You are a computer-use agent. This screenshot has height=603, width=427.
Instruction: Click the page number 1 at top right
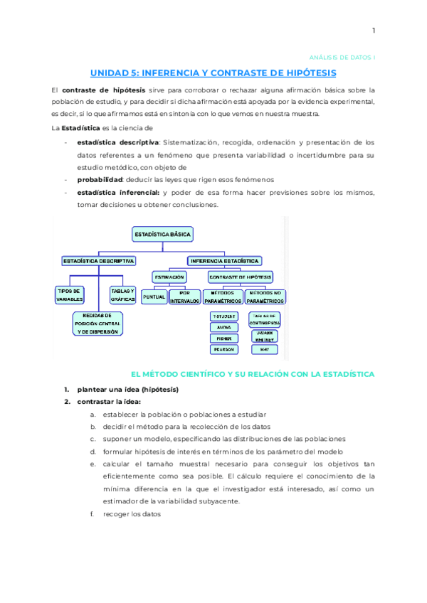pyautogui.click(x=373, y=30)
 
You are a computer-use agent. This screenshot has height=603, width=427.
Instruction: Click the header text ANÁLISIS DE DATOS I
pyautogui.click(x=345, y=56)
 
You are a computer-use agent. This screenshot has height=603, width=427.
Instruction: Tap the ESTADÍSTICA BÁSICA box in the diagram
pyautogui.click(x=163, y=233)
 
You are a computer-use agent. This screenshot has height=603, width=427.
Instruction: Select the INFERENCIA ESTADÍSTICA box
pyautogui.click(x=224, y=261)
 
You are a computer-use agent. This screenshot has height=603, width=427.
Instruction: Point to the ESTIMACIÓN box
pyautogui.click(x=169, y=277)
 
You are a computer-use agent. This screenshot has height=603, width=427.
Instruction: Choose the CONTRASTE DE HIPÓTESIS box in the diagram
pyautogui.click(x=241, y=277)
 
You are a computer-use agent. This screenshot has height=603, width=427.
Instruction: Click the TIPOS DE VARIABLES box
pyautogui.click(x=70, y=295)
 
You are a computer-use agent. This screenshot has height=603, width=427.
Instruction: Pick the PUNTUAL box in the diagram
pyautogui.click(x=154, y=297)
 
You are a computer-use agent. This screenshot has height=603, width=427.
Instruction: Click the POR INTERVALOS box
pyautogui.click(x=184, y=297)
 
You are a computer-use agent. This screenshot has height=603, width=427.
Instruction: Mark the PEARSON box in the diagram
pyautogui.click(x=223, y=349)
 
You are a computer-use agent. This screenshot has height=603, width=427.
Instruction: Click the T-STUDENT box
pyautogui.click(x=223, y=316)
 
